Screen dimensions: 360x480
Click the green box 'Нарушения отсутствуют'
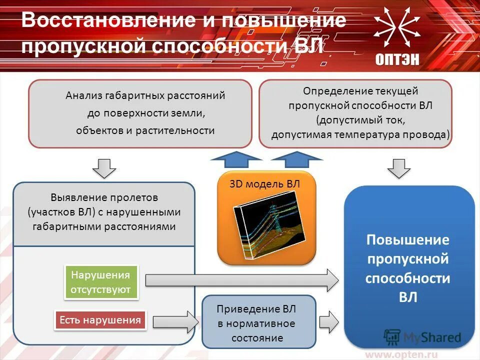(x=101, y=282)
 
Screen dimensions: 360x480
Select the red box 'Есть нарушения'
(x=100, y=320)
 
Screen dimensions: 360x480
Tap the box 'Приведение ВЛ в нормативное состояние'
(x=258, y=322)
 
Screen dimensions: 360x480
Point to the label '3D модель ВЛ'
(x=264, y=184)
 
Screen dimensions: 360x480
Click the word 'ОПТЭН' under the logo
(x=397, y=58)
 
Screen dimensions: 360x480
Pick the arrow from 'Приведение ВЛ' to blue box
(x=329, y=321)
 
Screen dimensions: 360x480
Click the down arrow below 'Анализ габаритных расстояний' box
(x=104, y=168)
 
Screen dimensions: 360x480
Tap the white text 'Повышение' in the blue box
(x=408, y=240)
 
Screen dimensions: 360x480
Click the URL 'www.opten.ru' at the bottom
(x=401, y=354)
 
